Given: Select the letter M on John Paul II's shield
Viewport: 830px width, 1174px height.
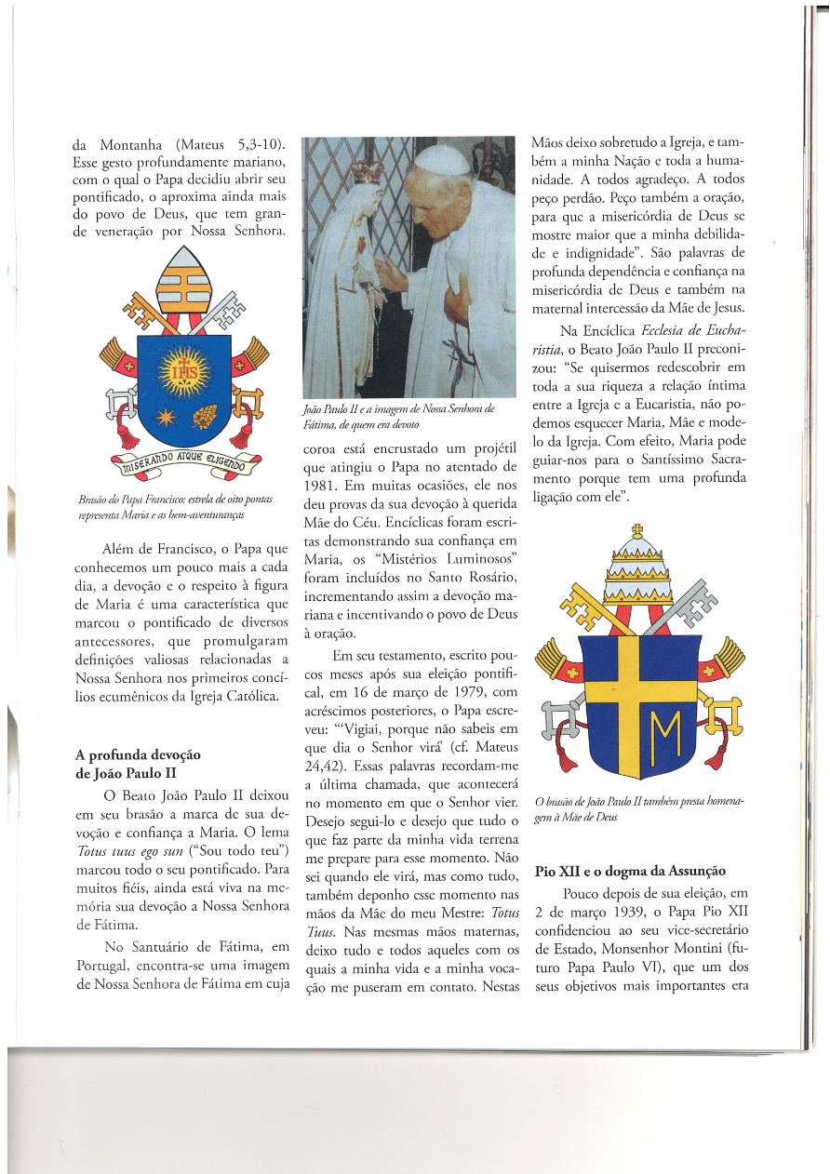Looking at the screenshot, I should point(663,727).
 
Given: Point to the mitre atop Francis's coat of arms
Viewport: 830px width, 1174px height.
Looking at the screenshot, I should point(183,283).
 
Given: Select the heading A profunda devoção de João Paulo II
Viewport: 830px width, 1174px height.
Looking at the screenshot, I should point(137,763).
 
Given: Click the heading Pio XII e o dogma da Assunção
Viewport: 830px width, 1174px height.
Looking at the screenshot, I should point(630,871).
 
